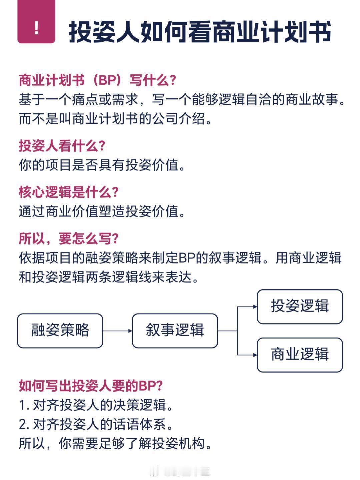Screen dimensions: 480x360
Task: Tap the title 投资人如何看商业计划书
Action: pyautogui.click(x=200, y=32)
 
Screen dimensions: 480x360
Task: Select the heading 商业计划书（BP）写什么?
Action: pyautogui.click(x=97, y=80)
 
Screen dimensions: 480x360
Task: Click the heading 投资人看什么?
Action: pyautogui.click(x=62, y=146)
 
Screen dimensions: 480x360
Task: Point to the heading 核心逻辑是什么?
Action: pyautogui.click(x=69, y=192)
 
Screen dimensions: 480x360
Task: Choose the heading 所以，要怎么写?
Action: pyautogui.click(x=69, y=238)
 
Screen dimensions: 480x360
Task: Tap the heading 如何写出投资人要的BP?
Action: pyautogui.click(x=91, y=386)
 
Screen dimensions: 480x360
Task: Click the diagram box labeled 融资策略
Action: pyautogui.click(x=60, y=331)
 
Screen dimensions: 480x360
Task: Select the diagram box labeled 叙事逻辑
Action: pyautogui.click(x=175, y=331)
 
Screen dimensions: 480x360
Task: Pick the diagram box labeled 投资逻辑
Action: pyautogui.click(x=300, y=307)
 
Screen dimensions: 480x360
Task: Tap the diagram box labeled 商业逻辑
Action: pyautogui.click(x=300, y=355)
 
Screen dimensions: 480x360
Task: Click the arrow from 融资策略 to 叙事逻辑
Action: pyautogui.click(x=117, y=331)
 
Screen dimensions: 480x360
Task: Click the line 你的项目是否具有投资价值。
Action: pyautogui.click(x=102, y=165)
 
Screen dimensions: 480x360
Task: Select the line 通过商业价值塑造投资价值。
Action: pyautogui.click(x=102, y=211)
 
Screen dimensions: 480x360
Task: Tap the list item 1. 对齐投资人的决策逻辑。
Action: pyautogui.click(x=96, y=405)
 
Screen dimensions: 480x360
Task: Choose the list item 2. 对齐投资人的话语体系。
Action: pyautogui.click(x=96, y=425)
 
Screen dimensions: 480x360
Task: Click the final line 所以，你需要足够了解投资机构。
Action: pyautogui.click(x=115, y=444)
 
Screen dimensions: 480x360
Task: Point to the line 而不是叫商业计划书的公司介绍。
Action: pyautogui.click(x=115, y=119)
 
